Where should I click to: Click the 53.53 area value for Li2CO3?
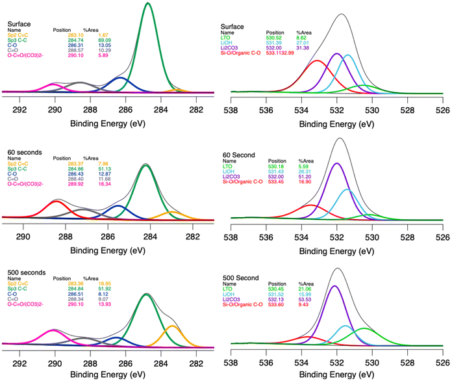click(x=305, y=299)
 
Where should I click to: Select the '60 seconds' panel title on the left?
click(x=21, y=152)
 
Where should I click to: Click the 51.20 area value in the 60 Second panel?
click(x=305, y=176)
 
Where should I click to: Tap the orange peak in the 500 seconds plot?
click(x=171, y=326)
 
